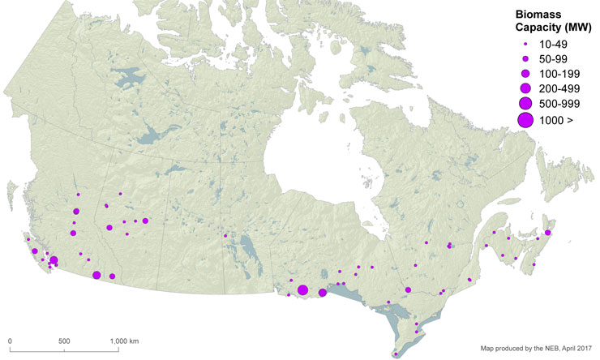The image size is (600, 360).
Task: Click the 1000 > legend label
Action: click(x=555, y=119)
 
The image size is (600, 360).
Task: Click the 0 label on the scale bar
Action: click(x=10, y=341)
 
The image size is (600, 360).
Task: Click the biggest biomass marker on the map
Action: click(x=302, y=290)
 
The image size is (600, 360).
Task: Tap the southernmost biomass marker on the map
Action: click(x=395, y=353)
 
